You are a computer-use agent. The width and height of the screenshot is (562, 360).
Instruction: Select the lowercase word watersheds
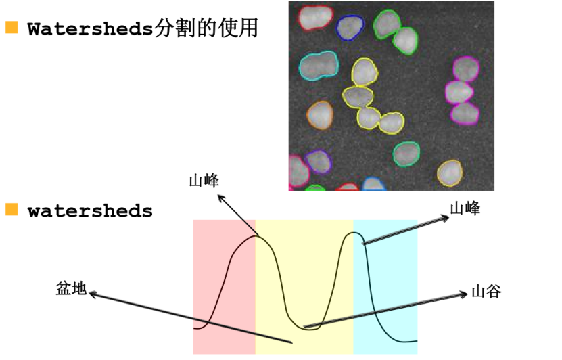coord(90,210)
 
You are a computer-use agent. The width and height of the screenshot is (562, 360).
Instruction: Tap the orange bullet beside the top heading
coord(11,28)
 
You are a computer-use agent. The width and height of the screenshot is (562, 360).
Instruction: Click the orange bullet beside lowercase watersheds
coord(11,210)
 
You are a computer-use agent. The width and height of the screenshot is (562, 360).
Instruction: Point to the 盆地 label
coord(71,288)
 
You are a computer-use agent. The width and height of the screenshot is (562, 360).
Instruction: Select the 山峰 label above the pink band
coord(204,181)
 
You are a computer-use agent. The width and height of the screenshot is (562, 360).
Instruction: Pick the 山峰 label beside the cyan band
coord(465,208)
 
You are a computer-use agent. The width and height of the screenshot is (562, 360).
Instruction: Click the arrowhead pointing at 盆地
coord(93,294)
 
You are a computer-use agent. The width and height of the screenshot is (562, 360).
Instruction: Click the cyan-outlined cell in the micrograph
coord(319,66)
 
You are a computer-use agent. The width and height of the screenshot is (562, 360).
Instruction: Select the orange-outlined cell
coord(320,115)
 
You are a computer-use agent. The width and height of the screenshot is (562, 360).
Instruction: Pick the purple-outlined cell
coord(317,161)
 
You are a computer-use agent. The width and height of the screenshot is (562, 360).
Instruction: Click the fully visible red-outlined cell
coord(316,18)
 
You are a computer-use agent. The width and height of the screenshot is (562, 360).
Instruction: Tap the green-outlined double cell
coord(396,31)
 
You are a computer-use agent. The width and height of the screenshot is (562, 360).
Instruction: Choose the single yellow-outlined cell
coord(449,173)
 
